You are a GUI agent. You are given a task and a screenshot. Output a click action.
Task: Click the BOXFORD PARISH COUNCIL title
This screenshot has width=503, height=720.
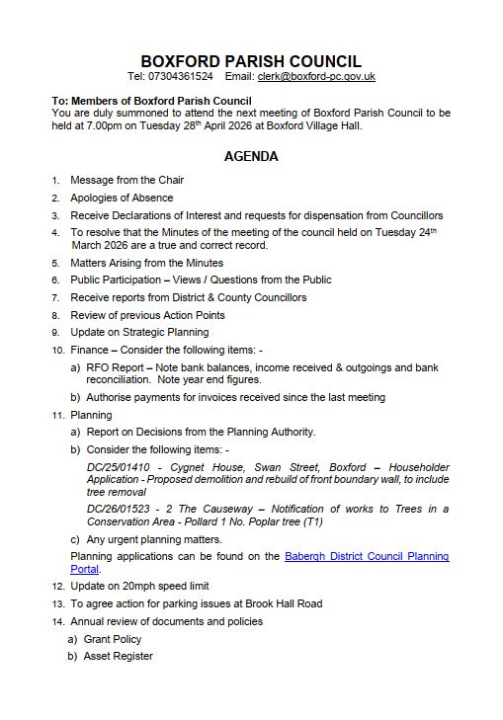[251, 61]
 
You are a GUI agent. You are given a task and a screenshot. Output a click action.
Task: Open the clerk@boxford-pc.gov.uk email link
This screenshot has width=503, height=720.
[315, 77]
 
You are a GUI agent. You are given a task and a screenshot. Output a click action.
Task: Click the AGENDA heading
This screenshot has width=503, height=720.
[251, 156]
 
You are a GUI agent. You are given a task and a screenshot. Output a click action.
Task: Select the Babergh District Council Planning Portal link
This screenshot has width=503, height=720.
[366, 557]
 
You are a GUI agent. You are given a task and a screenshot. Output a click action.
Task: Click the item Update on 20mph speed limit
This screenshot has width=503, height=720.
[139, 586]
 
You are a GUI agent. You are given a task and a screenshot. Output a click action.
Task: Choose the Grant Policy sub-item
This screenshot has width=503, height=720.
[113, 639]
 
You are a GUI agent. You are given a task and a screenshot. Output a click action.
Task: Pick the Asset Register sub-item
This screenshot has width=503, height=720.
[118, 656]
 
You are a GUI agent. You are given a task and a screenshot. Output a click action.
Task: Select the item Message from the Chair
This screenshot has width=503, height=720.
[126, 180]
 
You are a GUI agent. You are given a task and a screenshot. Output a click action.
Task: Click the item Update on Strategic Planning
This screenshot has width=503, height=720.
[139, 332]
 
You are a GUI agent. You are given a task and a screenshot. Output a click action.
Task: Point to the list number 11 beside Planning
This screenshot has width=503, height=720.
[57, 415]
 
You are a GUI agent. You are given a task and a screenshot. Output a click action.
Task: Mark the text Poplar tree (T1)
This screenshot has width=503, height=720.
[283, 521]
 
